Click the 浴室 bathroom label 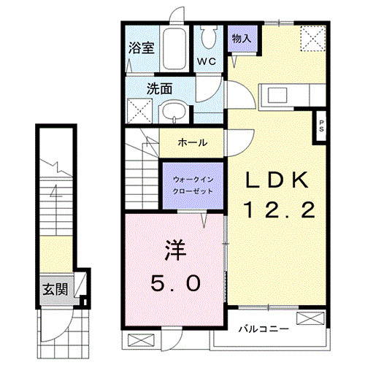(x=142, y=49)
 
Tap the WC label (x=204, y=62)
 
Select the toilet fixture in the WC (x=208, y=36)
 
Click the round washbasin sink (x=173, y=112)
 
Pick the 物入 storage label (x=242, y=39)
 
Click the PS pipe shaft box (x=320, y=125)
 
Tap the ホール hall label (x=192, y=142)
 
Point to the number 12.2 (x=279, y=211)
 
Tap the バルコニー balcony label (x=264, y=330)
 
